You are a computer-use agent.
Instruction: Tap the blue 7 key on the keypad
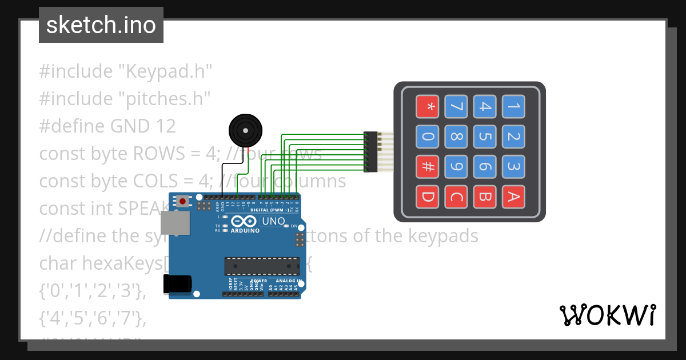[456, 106]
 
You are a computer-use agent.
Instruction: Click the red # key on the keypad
[427, 167]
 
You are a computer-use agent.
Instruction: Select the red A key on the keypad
[513, 197]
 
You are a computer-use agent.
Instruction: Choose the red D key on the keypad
[427, 197]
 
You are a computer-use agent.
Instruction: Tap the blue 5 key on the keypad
[485, 137]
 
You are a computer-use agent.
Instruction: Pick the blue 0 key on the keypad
[427, 137]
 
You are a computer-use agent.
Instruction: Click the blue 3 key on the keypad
[513, 167]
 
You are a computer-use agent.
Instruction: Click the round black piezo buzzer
[245, 131]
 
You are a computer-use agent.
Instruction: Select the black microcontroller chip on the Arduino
[262, 266]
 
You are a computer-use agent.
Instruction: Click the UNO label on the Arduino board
[273, 221]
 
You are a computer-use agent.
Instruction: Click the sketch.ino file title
[101, 25]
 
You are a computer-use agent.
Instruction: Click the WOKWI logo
[607, 315]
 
